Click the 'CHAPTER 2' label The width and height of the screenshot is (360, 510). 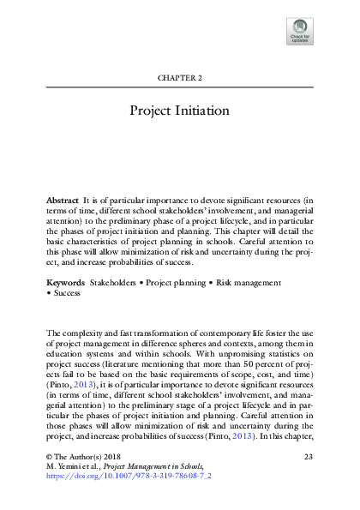pos(179,78)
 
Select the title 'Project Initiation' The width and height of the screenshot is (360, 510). pos(179,111)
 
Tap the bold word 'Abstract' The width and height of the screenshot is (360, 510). pos(62,199)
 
